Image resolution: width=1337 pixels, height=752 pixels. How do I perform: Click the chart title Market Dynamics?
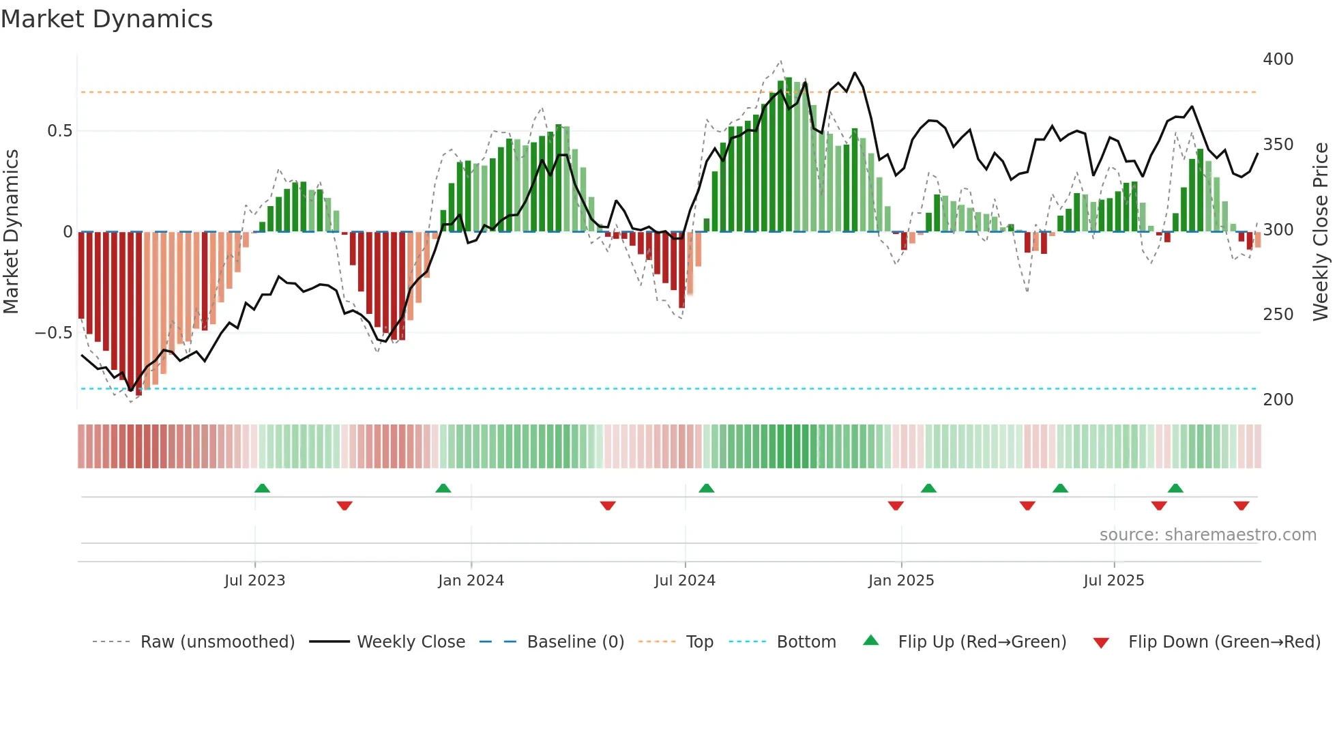click(x=107, y=19)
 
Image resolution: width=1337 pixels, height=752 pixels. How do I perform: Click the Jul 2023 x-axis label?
click(x=254, y=581)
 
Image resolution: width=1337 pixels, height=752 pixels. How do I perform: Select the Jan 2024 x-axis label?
click(x=471, y=581)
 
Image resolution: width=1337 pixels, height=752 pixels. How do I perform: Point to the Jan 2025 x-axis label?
click(x=900, y=581)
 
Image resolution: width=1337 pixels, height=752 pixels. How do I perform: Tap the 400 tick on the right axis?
click(x=1278, y=59)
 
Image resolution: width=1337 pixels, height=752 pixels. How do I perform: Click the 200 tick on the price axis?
click(x=1278, y=400)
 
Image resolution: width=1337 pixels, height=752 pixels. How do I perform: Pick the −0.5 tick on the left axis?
click(x=54, y=333)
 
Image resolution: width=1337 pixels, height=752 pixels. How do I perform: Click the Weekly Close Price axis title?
click(x=1321, y=232)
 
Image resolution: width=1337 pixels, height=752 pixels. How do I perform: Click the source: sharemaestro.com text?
click(x=1207, y=535)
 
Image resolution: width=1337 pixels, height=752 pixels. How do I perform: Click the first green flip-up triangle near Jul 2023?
click(x=262, y=488)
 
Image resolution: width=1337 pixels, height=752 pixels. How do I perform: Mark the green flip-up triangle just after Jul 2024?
click(x=706, y=488)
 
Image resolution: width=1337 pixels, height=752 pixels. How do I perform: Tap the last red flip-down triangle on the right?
click(x=1241, y=506)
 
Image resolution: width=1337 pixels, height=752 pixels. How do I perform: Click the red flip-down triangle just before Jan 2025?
click(x=896, y=506)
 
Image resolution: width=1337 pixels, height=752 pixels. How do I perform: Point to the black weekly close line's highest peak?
click(x=855, y=73)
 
